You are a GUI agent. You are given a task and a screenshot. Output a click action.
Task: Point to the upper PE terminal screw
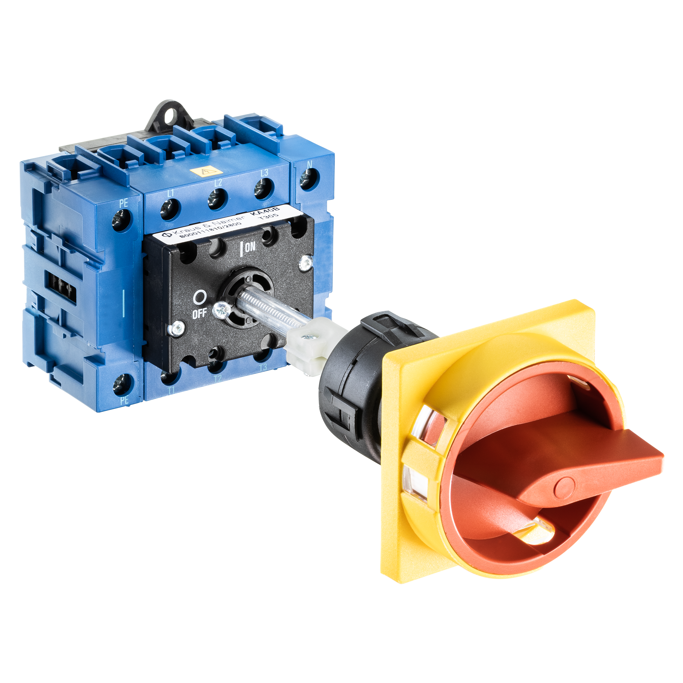click(x=122, y=220)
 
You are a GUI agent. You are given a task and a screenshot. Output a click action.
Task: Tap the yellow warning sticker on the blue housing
click(x=206, y=173)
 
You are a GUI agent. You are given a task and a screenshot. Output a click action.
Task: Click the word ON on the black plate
click(x=250, y=247)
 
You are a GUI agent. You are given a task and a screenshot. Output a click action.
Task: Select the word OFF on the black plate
click(x=199, y=313)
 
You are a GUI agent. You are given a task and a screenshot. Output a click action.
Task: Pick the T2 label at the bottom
click(x=217, y=379)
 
